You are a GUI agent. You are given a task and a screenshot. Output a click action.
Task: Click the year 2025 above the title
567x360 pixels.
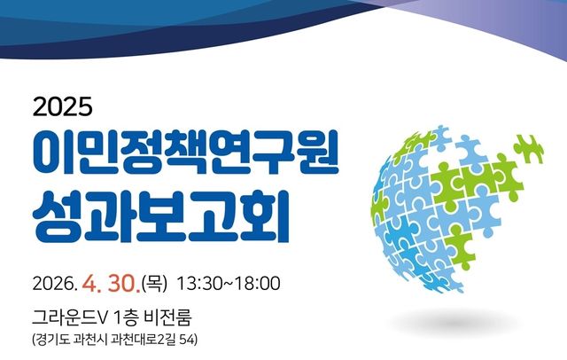pyautogui.click(x=63, y=108)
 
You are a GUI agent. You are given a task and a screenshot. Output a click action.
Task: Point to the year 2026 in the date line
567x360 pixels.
pyautogui.click(x=54, y=285)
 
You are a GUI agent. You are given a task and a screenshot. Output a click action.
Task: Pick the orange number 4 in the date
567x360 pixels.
pyautogui.click(x=89, y=285)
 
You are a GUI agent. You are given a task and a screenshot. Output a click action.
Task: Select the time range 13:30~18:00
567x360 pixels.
pyautogui.click(x=229, y=285)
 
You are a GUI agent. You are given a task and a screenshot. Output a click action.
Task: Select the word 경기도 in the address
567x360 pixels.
pyautogui.click(x=53, y=340)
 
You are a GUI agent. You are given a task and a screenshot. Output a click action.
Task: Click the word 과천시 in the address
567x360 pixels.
pyautogui.click(x=95, y=340)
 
